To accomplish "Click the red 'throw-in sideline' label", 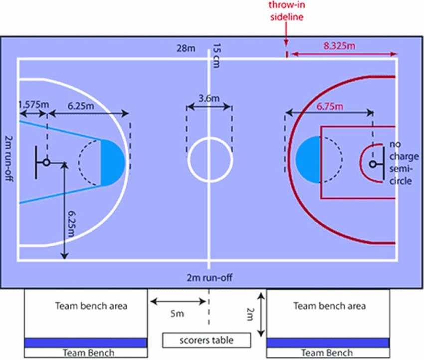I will pos(286,11).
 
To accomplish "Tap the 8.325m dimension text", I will pos(339,46).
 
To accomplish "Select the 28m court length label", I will pos(185,48).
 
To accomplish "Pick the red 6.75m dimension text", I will pos(330,106).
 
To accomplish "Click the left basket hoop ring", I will pos(46,162).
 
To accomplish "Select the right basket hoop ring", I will pos(373,164).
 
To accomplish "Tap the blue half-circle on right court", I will pos(308,159).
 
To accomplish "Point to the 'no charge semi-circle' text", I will pos(401,162).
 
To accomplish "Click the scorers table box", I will pos(206,340).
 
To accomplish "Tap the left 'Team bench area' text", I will pos(91,306).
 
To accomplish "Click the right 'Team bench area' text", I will pos(329,306).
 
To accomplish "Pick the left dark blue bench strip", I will pos(86,343).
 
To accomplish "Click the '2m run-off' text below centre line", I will pos(210,278).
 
